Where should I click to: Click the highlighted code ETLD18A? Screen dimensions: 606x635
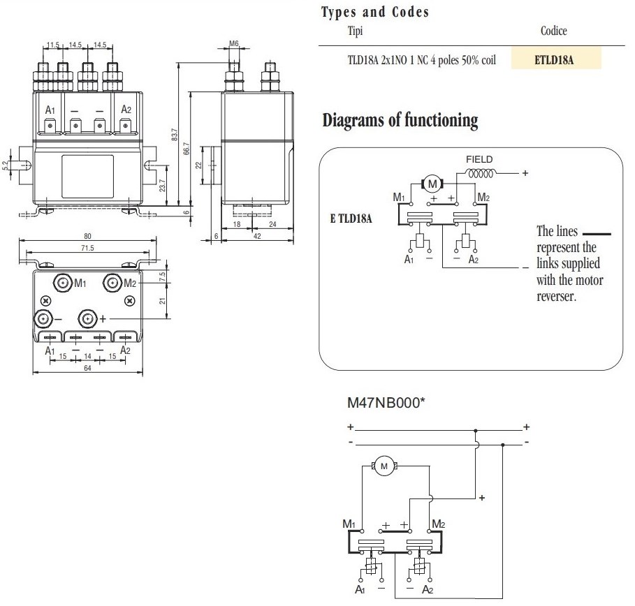click(556, 59)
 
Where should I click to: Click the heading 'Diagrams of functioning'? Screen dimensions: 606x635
click(400, 120)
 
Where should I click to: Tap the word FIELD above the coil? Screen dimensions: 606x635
click(479, 160)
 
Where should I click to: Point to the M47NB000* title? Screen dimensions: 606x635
click(386, 404)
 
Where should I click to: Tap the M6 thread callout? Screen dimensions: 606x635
click(234, 44)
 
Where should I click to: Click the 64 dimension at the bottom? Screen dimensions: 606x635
click(88, 371)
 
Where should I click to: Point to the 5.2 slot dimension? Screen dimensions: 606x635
click(6, 165)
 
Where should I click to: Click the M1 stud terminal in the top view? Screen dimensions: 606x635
click(64, 283)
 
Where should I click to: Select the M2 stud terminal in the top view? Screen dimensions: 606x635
click(112, 283)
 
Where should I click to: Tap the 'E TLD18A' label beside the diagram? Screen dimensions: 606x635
click(351, 219)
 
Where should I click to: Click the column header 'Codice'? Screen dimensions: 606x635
click(553, 31)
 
